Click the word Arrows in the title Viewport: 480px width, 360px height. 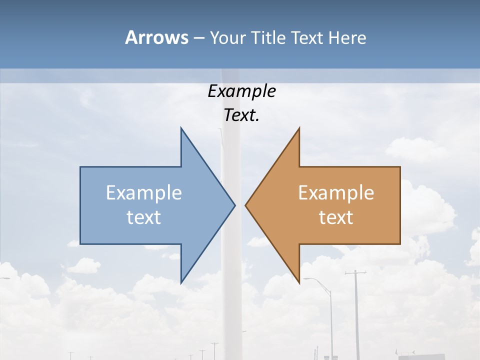tap(156, 37)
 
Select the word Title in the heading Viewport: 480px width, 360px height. tap(270, 38)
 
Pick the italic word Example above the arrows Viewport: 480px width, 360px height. tap(241, 91)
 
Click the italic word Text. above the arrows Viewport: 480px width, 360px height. tap(241, 115)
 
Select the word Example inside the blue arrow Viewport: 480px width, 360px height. tap(144, 193)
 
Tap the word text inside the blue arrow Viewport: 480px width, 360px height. tap(144, 217)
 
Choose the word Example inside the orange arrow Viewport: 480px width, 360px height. tap(336, 193)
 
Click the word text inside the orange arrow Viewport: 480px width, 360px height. tap(336, 217)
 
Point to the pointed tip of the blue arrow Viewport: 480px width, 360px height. tap(234, 205)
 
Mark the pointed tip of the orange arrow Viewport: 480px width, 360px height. tap(245, 205)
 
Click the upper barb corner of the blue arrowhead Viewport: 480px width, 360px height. tap(181, 128)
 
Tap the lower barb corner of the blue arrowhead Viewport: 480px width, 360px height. tap(181, 282)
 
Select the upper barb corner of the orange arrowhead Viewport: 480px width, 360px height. tap(299, 128)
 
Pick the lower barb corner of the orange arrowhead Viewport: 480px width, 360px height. tap(299, 283)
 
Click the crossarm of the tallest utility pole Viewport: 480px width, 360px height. tap(355, 273)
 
